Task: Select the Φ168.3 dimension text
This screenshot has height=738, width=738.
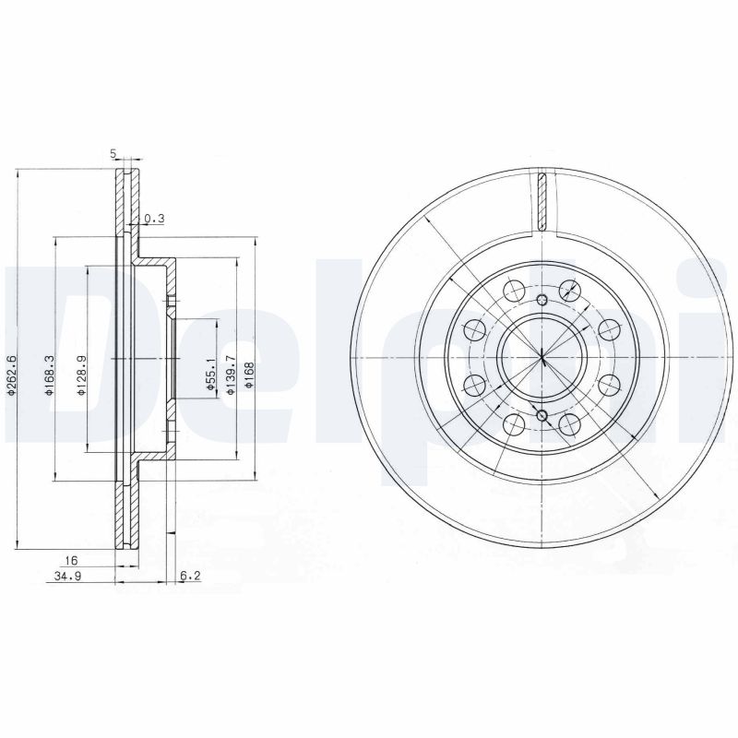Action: pyautogui.click(x=47, y=375)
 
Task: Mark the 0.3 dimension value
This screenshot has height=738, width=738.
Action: pyautogui.click(x=154, y=219)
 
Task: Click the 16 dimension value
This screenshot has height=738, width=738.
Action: pyautogui.click(x=70, y=559)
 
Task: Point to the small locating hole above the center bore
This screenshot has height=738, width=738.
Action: pyautogui.click(x=542, y=299)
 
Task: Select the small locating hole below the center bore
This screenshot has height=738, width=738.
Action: pyautogui.click(x=542, y=416)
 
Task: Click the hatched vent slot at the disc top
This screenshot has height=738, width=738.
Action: pyautogui.click(x=542, y=201)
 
